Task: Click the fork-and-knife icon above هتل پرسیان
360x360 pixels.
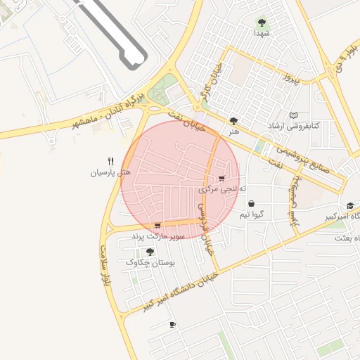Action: coord(110,161)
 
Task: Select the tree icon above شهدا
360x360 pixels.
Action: coord(262,22)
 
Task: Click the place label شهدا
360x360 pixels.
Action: coord(263,33)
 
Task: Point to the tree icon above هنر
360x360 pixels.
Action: coord(233,120)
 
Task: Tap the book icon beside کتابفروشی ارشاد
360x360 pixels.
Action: coord(294,115)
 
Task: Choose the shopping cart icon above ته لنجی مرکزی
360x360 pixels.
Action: coord(222,179)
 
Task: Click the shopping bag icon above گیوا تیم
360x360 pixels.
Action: coord(251,203)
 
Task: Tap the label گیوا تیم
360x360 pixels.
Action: coord(252,214)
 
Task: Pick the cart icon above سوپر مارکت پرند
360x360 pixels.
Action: coord(157,226)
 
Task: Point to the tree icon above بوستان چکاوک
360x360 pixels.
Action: coord(150,251)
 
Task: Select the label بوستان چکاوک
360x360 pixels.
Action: coord(150,262)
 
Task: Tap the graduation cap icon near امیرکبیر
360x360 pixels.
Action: coord(349,206)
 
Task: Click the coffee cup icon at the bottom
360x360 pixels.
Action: coord(172,324)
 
